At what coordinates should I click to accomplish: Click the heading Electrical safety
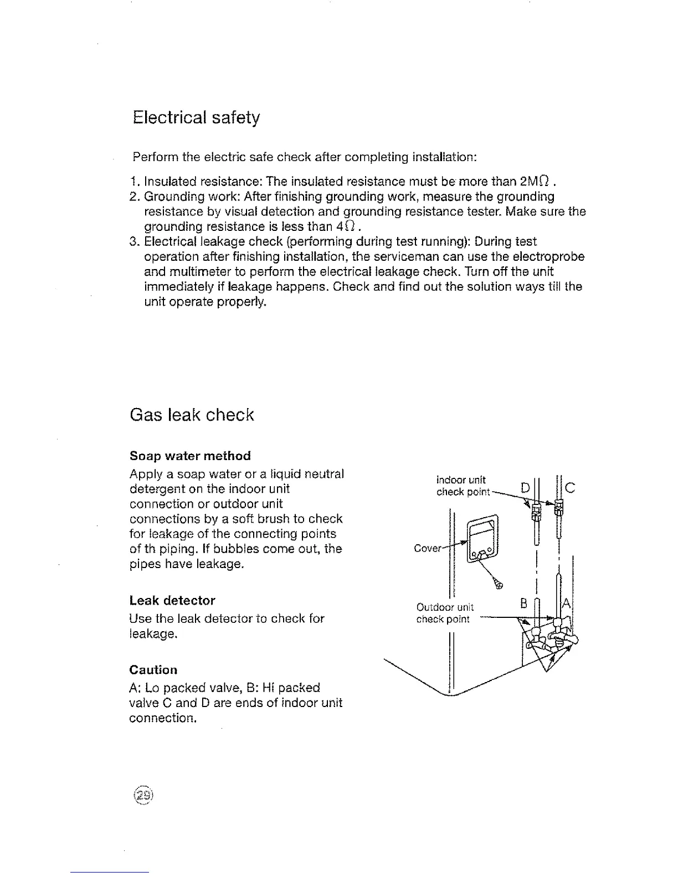(x=196, y=118)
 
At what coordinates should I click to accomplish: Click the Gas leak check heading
(x=192, y=415)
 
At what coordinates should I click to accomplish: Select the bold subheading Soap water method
(x=190, y=456)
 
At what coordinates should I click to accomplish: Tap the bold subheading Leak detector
(x=172, y=601)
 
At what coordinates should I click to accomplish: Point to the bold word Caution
(x=153, y=670)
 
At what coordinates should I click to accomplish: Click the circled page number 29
(x=142, y=795)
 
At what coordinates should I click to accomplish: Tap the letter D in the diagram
(x=525, y=488)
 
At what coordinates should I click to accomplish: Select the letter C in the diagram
(x=571, y=488)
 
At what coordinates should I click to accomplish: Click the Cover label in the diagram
(x=428, y=549)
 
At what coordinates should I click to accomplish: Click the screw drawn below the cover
(x=499, y=584)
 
